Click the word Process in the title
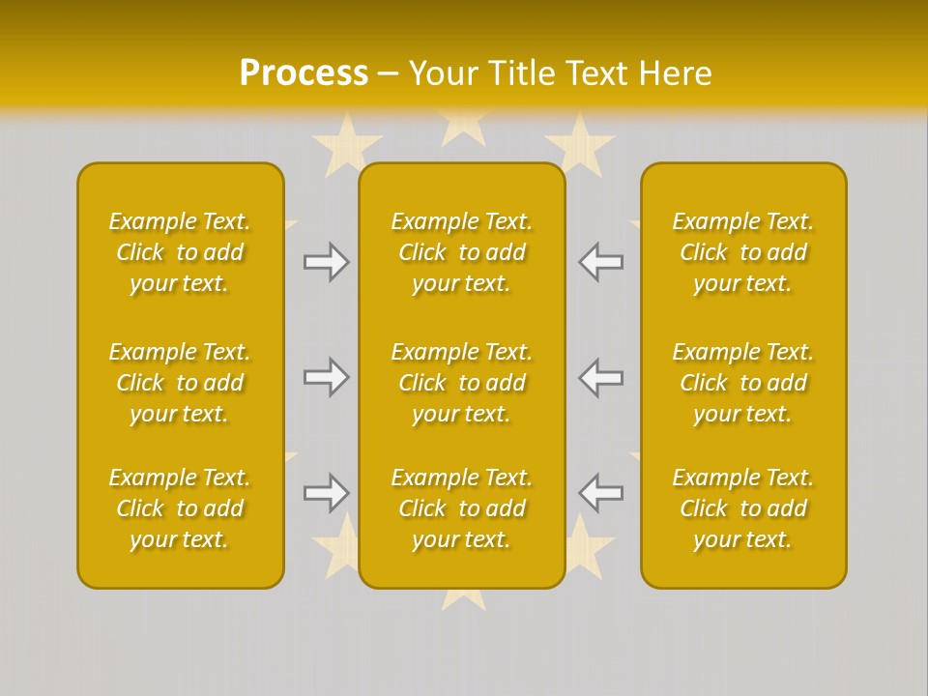tap(304, 73)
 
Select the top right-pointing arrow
tap(327, 261)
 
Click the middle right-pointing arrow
tap(327, 377)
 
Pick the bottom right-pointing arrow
tap(327, 493)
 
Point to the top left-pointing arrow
tap(600, 261)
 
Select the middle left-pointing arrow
tap(600, 377)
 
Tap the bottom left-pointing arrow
tap(600, 493)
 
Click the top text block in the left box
tap(180, 252)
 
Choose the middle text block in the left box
tap(180, 383)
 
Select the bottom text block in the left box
tap(180, 508)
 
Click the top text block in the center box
tap(462, 252)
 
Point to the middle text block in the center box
tap(462, 383)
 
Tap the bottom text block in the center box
tap(462, 508)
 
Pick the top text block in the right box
tap(743, 252)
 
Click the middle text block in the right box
tap(743, 383)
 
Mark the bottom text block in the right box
tap(743, 508)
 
